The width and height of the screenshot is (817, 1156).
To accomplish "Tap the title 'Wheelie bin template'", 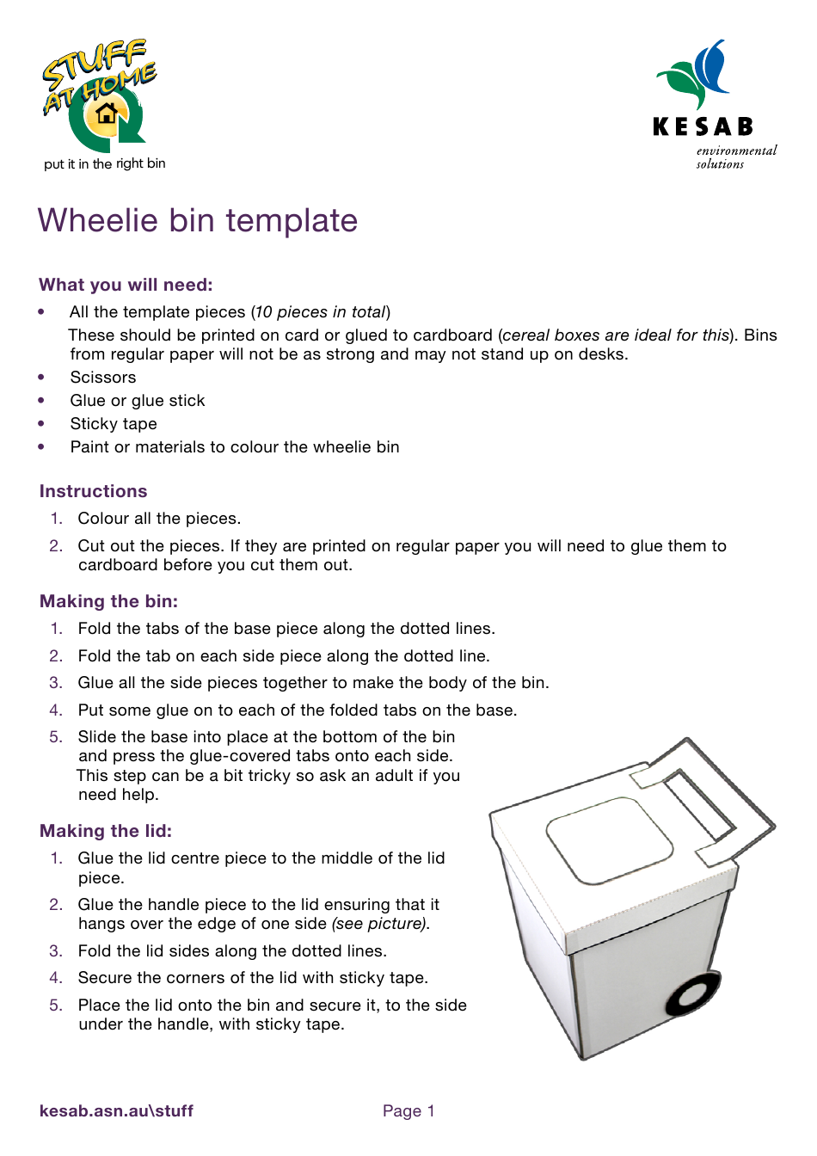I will tap(198, 221).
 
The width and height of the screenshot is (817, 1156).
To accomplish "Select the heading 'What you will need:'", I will tap(126, 285).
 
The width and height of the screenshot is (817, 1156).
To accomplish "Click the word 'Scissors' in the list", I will tap(103, 378).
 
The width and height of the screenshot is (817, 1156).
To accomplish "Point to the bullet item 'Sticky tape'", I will tap(114, 424).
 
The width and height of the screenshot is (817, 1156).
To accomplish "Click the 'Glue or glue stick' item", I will tap(138, 401).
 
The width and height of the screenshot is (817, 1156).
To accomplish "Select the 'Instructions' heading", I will tap(93, 491).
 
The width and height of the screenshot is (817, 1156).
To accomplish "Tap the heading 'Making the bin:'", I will tap(108, 601).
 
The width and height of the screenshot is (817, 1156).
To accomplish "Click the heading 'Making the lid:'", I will tap(106, 831).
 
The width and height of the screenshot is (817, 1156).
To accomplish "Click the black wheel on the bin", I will tap(691, 995).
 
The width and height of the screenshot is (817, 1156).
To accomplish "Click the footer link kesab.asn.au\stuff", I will tap(116, 1110).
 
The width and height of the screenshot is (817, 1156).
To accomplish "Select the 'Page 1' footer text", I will tap(408, 1110).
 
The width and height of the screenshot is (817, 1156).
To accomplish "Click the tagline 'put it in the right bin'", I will tap(104, 163).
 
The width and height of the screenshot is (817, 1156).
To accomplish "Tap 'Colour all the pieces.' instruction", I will tap(159, 519).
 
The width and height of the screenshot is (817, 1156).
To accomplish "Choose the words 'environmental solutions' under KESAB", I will tap(735, 157).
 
